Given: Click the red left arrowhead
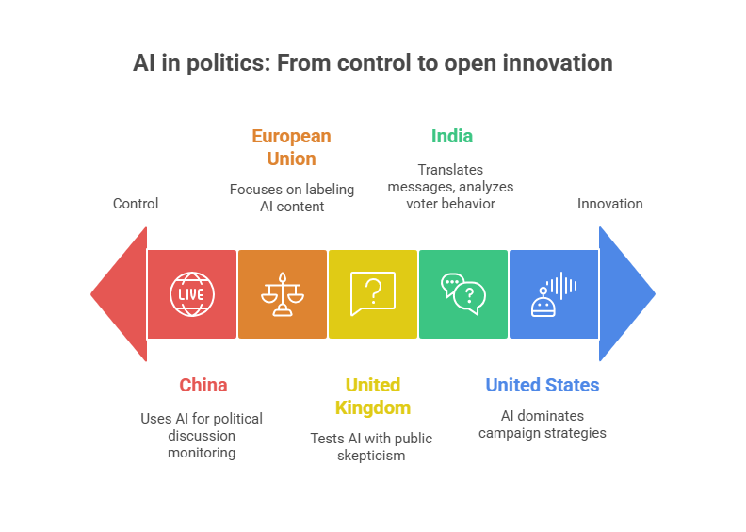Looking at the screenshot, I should click(x=121, y=293).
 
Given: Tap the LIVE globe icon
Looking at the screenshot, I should click(x=192, y=293).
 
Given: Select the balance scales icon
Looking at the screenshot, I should click(x=283, y=293).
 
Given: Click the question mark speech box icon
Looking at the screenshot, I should click(x=373, y=293).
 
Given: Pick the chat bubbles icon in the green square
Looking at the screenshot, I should click(x=463, y=293).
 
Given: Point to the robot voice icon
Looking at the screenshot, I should click(x=554, y=293).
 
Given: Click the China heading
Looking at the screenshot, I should click(x=203, y=385).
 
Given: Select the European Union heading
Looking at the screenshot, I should click(x=291, y=147).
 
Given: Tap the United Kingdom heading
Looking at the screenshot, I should click(x=372, y=396).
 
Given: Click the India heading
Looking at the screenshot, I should click(x=452, y=136).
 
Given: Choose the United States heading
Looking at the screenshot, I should click(x=543, y=385).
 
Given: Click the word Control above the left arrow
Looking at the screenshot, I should click(x=136, y=204).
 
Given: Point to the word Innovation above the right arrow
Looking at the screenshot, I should click(x=610, y=204).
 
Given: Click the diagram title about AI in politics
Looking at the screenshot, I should click(x=373, y=63).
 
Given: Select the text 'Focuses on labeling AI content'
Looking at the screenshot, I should click(x=292, y=197).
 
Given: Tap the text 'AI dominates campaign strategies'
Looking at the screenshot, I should click(x=542, y=424).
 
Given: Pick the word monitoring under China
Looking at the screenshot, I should click(x=202, y=453).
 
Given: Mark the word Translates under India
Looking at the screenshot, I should click(x=450, y=170).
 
